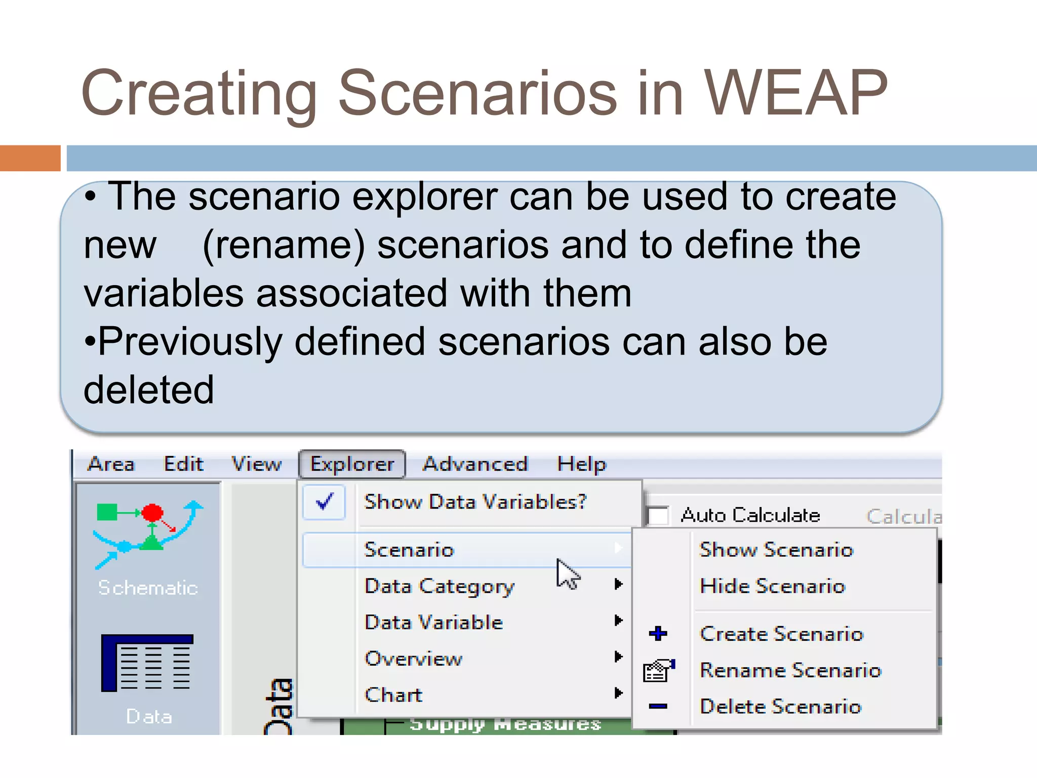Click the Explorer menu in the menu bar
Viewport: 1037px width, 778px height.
352,464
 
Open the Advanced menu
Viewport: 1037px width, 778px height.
475,464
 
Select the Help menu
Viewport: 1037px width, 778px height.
581,464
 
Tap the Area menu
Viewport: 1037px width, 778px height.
111,464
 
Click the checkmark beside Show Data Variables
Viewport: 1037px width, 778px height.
324,501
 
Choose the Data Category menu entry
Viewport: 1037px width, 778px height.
439,586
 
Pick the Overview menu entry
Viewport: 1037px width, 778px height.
413,658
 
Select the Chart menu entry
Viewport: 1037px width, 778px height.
393,695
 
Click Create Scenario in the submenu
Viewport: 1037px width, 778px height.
781,634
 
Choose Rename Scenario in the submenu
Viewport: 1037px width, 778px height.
790,670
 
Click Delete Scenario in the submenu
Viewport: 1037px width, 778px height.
780,707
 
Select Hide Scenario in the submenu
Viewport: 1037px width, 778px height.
772,586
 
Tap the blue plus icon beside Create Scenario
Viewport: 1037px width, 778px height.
658,633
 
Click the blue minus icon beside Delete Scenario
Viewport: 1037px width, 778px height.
658,706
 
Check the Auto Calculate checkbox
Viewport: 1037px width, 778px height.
658,516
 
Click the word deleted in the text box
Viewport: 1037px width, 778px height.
149,390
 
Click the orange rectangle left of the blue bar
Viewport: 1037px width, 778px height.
30,158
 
